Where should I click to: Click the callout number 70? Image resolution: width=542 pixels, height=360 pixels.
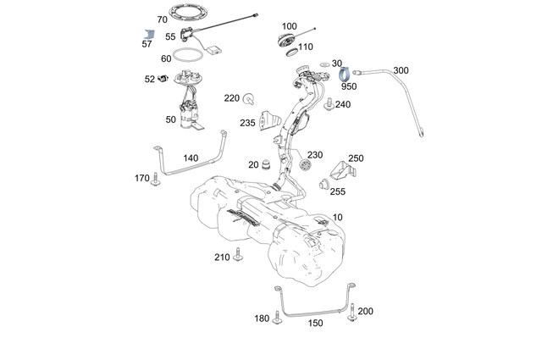click(163, 19)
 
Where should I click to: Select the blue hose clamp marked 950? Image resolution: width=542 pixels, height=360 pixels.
click(347, 73)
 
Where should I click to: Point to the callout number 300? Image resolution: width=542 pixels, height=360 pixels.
click(401, 70)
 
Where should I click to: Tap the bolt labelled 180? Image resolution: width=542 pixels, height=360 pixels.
click(276, 318)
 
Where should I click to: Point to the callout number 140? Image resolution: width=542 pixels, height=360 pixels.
click(191, 158)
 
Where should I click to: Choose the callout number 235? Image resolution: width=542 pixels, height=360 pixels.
click(247, 123)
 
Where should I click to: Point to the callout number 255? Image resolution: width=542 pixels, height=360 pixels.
click(338, 191)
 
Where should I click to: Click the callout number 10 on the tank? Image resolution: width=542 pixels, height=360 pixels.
click(339, 218)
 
